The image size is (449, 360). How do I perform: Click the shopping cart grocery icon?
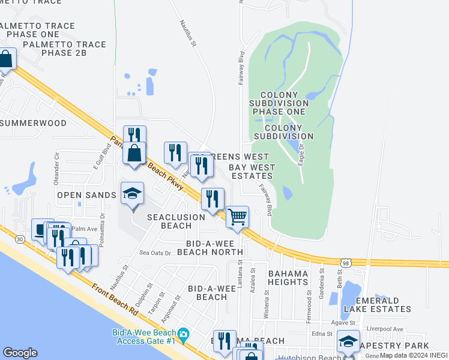point(238,217)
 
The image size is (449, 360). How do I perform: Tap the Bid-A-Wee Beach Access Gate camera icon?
point(183,334)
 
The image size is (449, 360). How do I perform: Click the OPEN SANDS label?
point(86,195)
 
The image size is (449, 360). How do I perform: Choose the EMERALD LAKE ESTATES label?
point(377,305)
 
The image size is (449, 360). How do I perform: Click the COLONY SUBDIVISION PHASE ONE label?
point(280,103)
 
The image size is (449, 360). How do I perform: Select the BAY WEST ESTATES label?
point(252,172)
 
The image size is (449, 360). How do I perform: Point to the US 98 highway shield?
point(345,263)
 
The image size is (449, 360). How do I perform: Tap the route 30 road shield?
point(20,239)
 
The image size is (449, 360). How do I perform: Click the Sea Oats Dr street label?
point(155,253)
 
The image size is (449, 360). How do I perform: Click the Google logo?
point(20,353)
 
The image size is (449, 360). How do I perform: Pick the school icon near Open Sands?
point(132,193)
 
